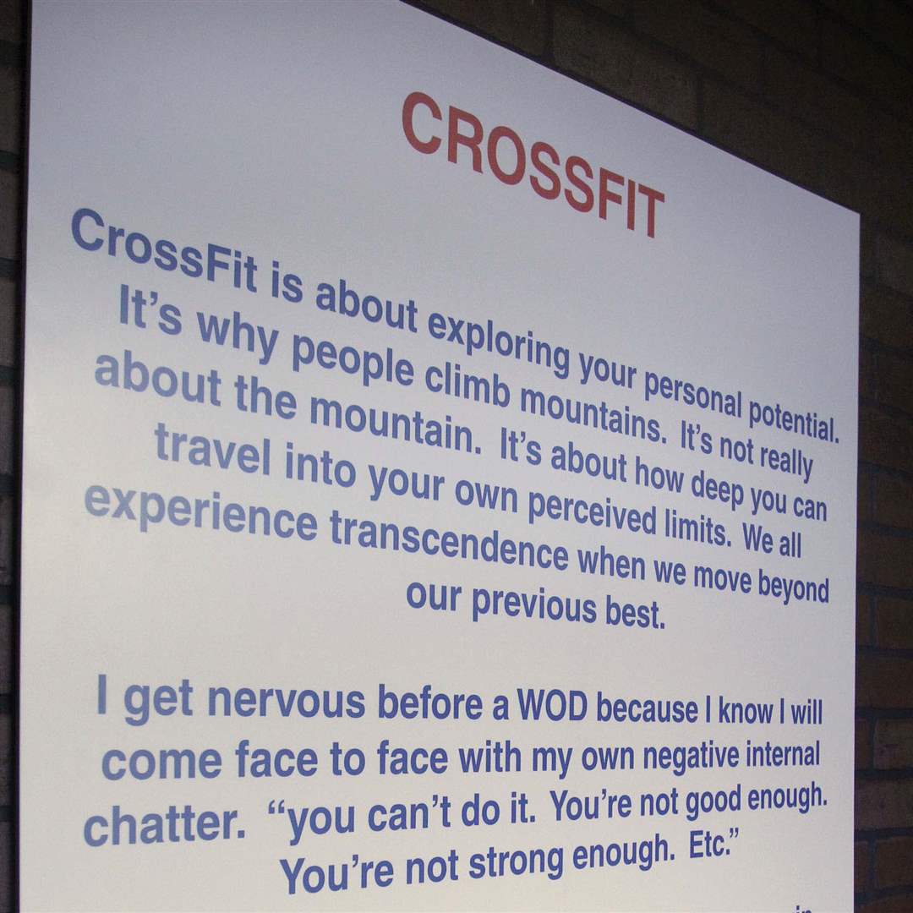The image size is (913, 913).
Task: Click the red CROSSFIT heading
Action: tap(533, 165)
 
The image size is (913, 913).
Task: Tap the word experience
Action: tap(201, 511)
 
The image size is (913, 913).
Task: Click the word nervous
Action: tap(287, 701)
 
